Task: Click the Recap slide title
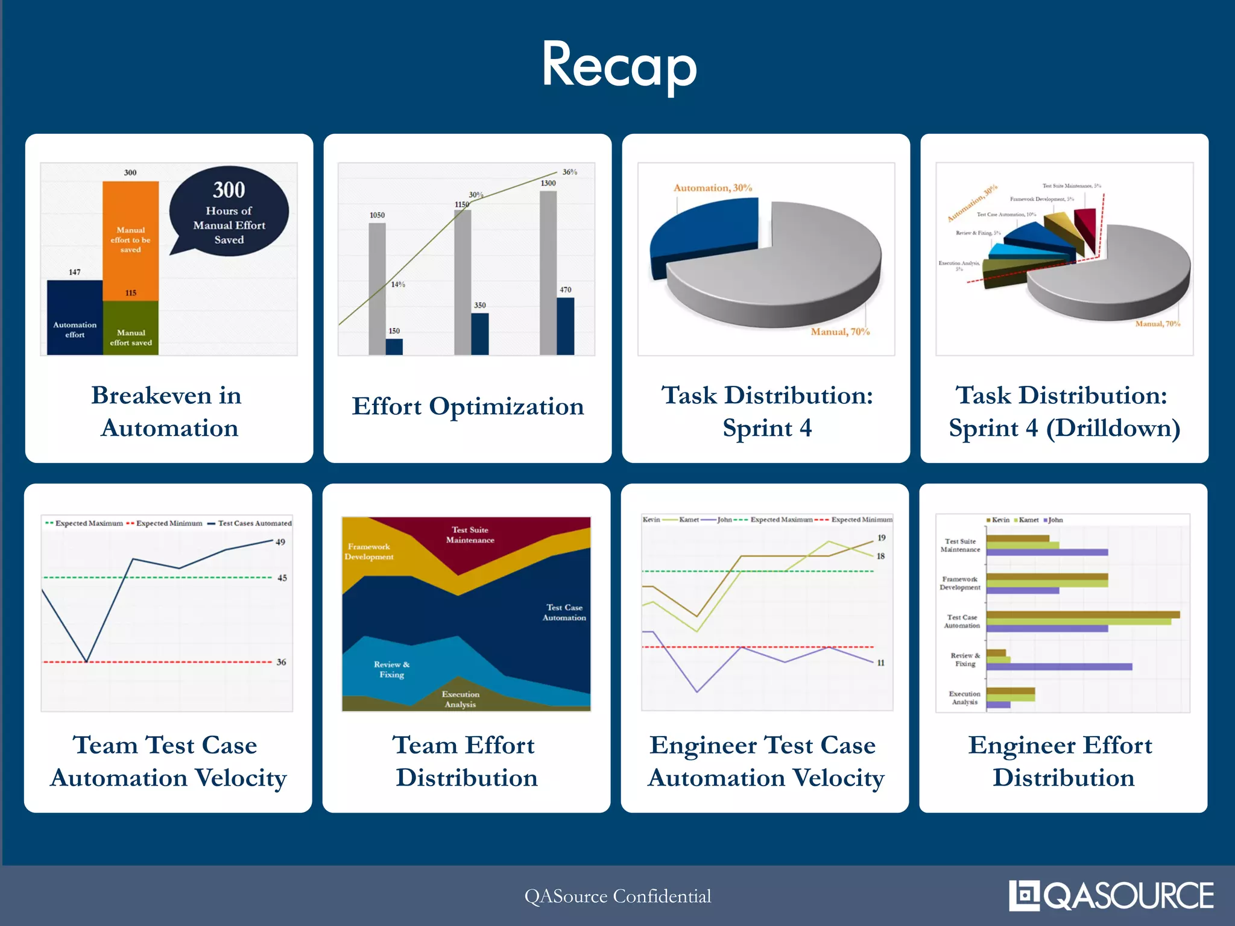point(619,65)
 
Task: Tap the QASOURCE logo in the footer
point(1111,895)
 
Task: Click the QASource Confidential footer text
point(617,896)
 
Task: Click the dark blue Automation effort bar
point(75,318)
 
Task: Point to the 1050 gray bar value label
point(377,215)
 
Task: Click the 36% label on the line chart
point(569,172)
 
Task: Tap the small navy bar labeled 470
point(565,326)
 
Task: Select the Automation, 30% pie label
point(712,188)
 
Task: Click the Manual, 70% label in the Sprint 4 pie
point(839,332)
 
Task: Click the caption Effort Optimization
point(467,406)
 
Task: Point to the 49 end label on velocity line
point(280,542)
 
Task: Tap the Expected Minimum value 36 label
point(281,662)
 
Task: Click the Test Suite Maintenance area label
point(470,535)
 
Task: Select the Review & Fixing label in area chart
point(391,669)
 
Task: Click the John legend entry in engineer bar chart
point(1055,520)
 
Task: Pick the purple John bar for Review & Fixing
point(1059,667)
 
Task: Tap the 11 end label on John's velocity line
point(880,663)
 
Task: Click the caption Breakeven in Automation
point(168,412)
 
